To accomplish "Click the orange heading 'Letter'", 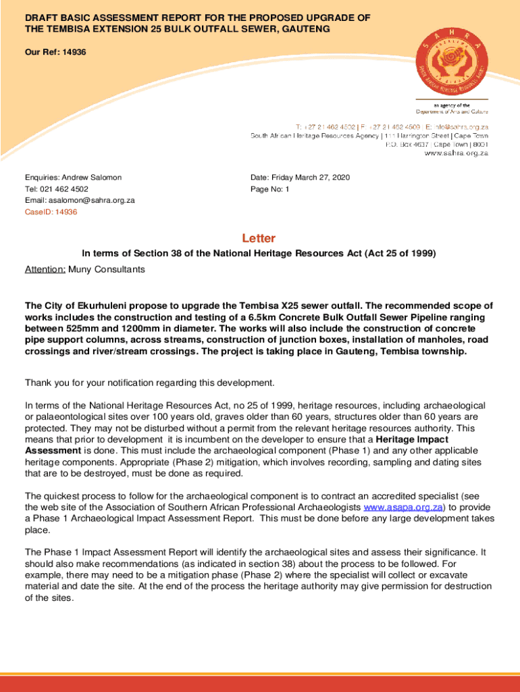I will [x=259, y=239].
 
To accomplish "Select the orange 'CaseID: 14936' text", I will [x=51, y=212].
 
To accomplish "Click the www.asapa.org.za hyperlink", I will [x=403, y=507].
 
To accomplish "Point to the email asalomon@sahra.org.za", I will [x=80, y=201].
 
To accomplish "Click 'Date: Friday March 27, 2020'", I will [x=300, y=177].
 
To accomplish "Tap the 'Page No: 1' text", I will [x=269, y=189].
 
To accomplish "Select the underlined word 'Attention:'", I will [x=45, y=270].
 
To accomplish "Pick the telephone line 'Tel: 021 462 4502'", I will [x=57, y=189].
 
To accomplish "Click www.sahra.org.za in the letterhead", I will [x=456, y=153].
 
